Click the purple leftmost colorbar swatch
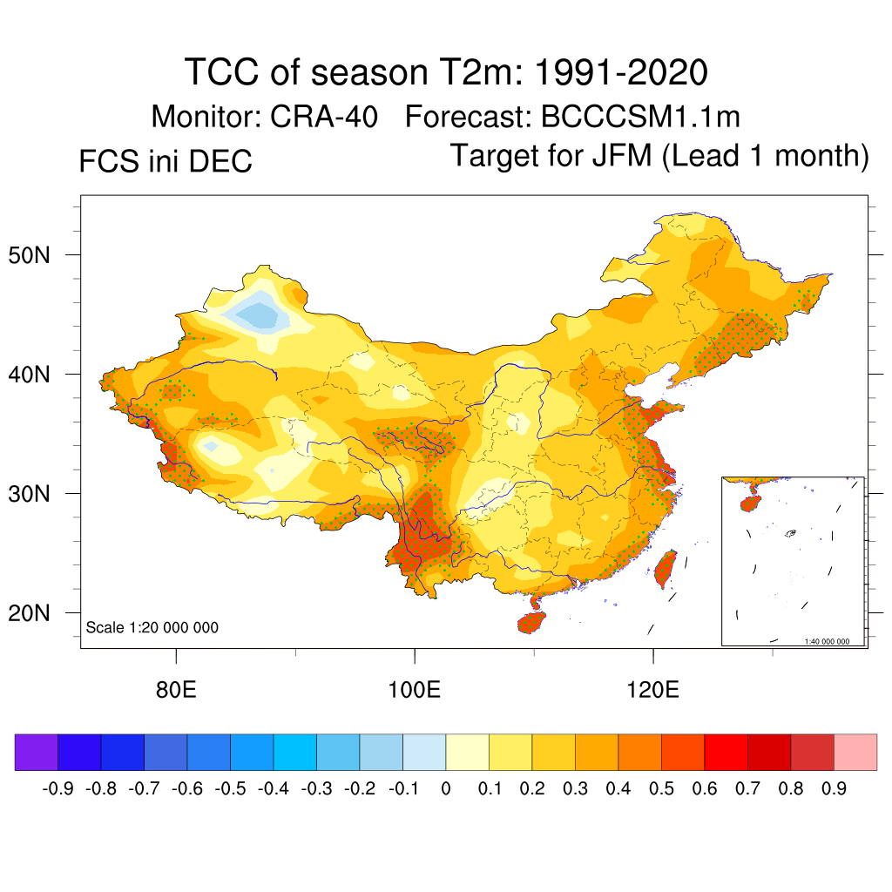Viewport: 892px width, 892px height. tap(37, 752)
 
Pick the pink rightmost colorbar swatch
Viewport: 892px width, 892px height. tap(855, 752)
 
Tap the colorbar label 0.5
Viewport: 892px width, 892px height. tap(661, 789)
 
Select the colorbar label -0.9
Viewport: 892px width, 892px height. tap(57, 789)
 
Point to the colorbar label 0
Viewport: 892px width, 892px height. tap(446, 789)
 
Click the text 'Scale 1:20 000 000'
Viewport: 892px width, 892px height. tap(152, 628)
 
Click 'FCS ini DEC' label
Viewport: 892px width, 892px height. tap(166, 161)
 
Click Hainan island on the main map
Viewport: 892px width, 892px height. tap(531, 622)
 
